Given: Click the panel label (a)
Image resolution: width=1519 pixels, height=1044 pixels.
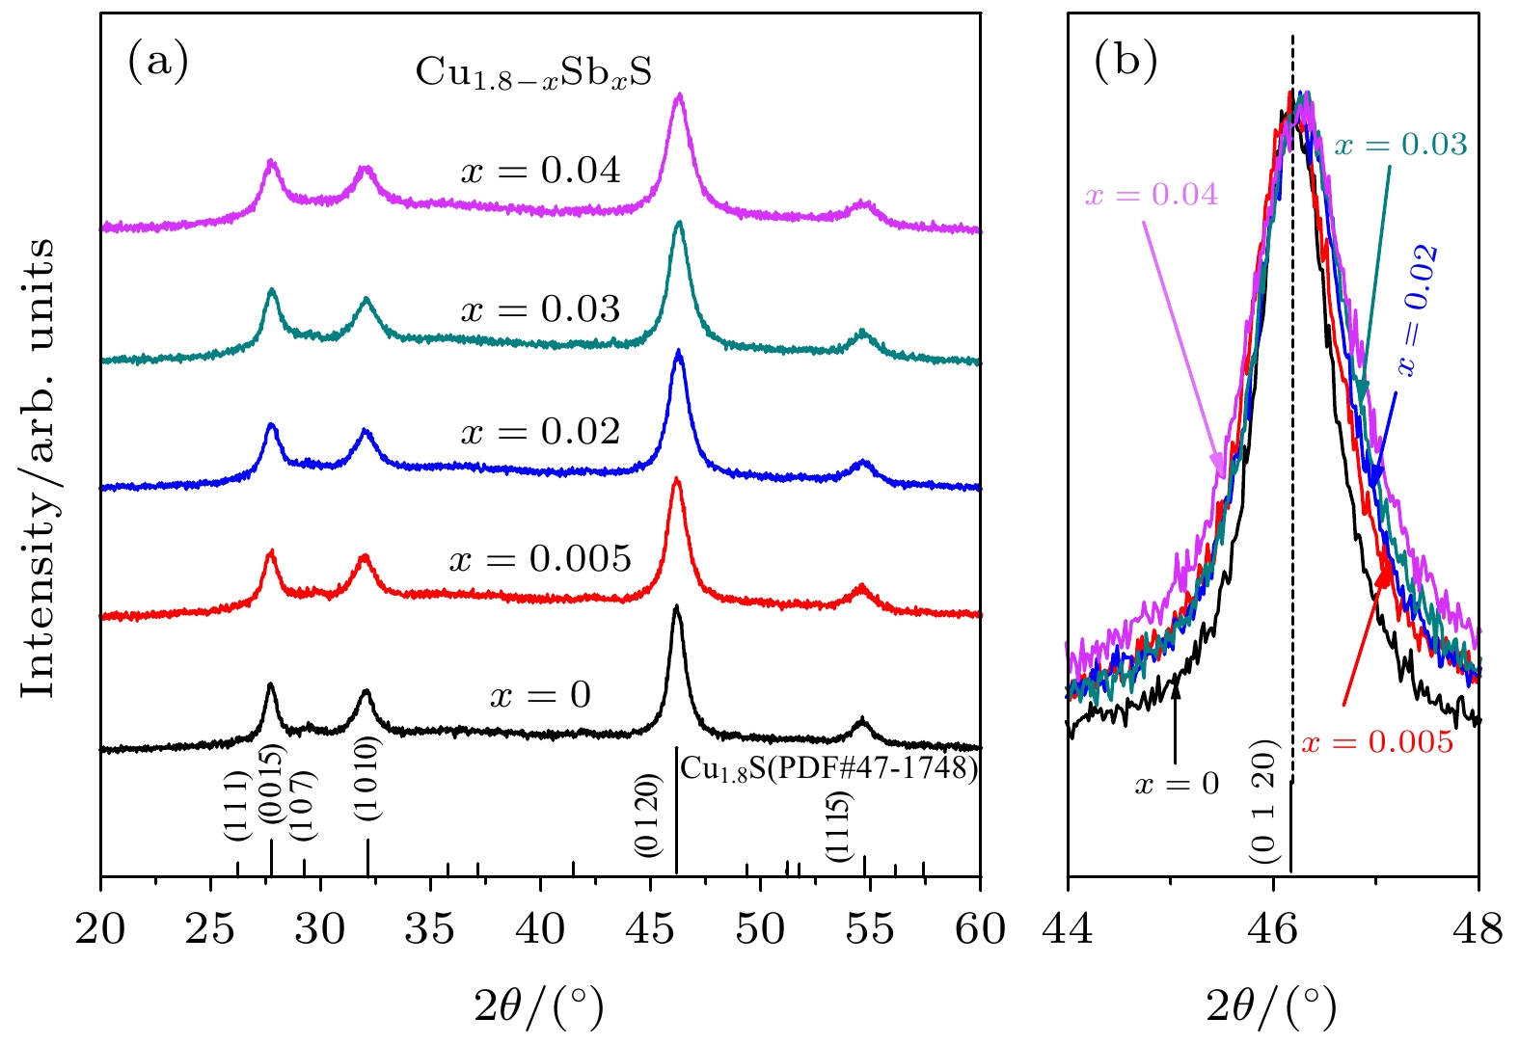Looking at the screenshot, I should pos(157,64).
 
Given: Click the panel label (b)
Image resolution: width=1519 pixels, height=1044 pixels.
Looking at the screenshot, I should pos(1125,62).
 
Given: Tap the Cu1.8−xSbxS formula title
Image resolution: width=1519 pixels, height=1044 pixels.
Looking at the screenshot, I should pos(533,73).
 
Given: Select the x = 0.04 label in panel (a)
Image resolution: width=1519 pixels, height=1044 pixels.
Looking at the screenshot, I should pos(540,172).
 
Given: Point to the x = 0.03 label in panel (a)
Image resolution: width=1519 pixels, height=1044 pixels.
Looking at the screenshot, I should pos(540,309).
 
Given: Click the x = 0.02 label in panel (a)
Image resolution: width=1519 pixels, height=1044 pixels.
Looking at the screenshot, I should pos(540,432).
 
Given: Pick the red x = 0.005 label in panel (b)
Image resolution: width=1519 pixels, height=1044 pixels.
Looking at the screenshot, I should pos(1376,742).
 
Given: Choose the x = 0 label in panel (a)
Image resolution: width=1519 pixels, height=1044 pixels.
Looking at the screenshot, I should pos(540,695).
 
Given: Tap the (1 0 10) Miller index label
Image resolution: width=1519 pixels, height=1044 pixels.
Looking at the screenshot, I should pos(367,778).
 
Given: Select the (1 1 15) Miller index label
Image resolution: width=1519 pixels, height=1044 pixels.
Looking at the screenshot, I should pos(837,825).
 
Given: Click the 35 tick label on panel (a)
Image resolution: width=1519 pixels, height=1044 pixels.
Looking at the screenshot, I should pos(430,930).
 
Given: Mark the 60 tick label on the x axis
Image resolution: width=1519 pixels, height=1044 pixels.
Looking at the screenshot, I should pos(980,930).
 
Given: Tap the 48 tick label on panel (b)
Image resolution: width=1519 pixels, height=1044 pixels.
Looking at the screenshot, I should pos(1478,930).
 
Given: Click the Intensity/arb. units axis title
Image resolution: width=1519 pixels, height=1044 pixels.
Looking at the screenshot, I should pos(40,468).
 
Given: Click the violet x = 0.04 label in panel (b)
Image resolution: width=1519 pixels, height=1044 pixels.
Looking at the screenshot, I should pos(1152,196).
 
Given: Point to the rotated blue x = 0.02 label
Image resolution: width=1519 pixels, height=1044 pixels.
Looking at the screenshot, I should pos(1418,310).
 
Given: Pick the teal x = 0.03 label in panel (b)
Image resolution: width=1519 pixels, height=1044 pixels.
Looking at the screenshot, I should pos(1400,146).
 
